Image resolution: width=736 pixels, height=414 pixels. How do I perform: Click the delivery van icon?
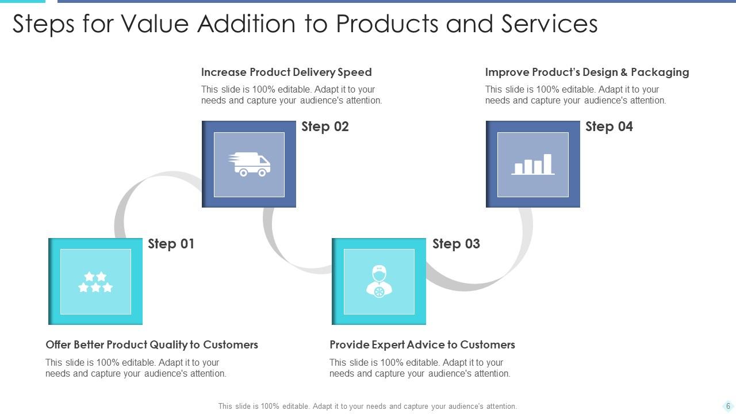click(249, 164)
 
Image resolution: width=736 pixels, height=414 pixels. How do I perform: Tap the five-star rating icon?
click(95, 282)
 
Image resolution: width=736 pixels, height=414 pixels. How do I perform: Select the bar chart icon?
click(533, 164)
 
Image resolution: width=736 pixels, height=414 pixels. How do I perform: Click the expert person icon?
click(379, 281)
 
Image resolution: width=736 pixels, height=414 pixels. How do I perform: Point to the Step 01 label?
click(171, 244)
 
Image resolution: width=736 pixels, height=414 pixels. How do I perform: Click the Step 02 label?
click(325, 126)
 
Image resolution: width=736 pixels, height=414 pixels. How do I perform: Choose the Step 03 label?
click(456, 244)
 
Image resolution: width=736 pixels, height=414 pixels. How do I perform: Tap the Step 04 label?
click(609, 126)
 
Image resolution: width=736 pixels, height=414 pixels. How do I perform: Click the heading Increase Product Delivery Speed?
click(286, 72)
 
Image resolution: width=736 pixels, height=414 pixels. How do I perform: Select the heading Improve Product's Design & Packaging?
click(586, 72)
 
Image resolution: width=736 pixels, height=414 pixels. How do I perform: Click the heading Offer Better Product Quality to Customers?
click(152, 344)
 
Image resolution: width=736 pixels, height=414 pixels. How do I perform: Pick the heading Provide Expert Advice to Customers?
click(422, 344)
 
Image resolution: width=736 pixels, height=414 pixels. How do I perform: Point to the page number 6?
click(728, 406)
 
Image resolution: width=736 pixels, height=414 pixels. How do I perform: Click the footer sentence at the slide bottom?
click(367, 406)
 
